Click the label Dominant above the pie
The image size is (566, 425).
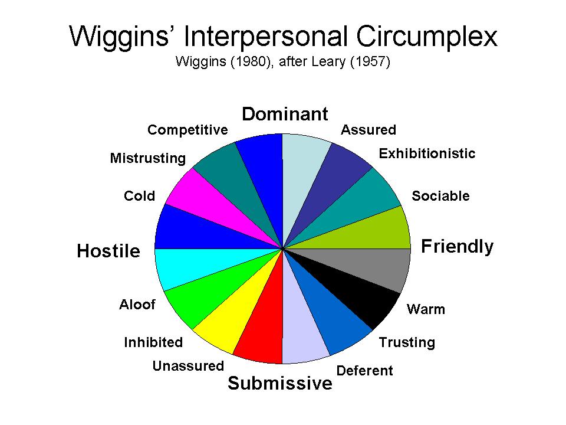[285, 114]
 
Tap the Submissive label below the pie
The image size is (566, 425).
[280, 384]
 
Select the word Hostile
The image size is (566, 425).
[108, 251]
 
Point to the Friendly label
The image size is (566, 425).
[457, 246]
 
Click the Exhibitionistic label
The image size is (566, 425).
[427, 153]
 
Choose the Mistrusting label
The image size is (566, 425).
[147, 158]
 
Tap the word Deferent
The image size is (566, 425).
[364, 371]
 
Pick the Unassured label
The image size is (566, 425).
[188, 366]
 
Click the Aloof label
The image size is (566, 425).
[137, 305]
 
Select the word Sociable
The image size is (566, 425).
[440, 196]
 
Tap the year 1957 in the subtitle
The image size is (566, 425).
[369, 62]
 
